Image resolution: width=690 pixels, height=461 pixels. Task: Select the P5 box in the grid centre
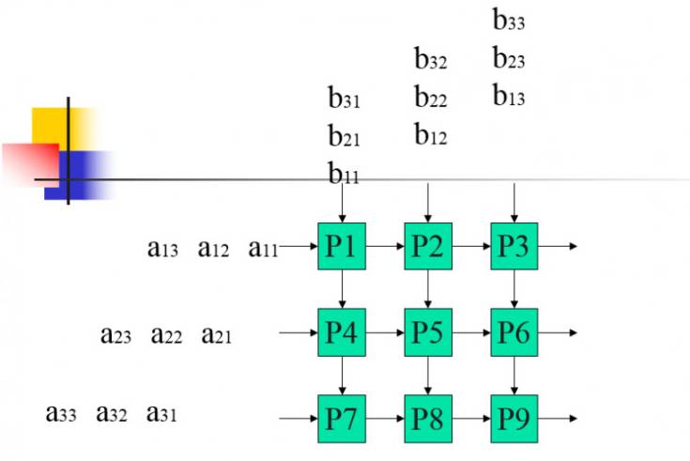pyautogui.click(x=428, y=331)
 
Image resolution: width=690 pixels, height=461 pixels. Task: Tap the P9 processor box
pyautogui.click(x=514, y=418)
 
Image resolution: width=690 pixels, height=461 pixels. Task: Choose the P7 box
pyautogui.click(x=342, y=418)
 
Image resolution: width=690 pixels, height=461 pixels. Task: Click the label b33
pyautogui.click(x=509, y=20)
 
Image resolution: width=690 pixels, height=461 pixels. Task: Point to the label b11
pyautogui.click(x=344, y=174)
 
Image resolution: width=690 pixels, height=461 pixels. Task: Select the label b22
pyautogui.click(x=431, y=97)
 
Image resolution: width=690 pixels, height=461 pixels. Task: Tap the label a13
pyautogui.click(x=162, y=249)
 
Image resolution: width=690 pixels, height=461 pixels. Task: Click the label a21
pyautogui.click(x=217, y=335)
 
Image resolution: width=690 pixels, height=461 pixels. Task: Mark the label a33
pyautogui.click(x=61, y=412)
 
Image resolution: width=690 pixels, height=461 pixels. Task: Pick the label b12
pyautogui.click(x=431, y=135)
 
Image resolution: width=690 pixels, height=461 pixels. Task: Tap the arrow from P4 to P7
pyautogui.click(x=342, y=375)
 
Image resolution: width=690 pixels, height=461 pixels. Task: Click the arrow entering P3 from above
pyautogui.click(x=514, y=202)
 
